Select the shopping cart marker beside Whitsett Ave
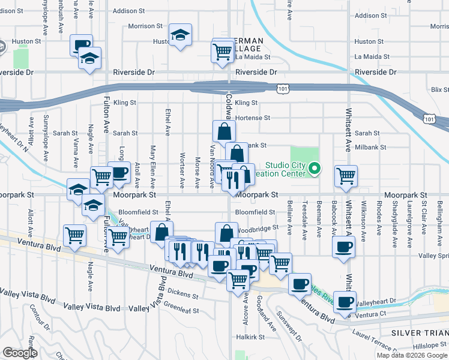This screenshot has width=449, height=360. tap(346, 176)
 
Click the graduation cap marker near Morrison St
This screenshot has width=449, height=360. tap(179, 35)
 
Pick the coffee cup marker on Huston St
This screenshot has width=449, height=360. tap(81, 45)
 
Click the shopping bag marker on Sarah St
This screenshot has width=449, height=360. tap(223, 131)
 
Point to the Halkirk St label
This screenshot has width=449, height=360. tap(246, 338)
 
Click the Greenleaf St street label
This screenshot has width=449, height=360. tap(181, 310)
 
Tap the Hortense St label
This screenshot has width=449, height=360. tap(253, 118)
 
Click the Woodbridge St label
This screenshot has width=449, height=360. tap(258, 228)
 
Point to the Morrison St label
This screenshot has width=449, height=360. tap(145, 26)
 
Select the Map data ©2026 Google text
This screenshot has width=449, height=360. tap(412, 355)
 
